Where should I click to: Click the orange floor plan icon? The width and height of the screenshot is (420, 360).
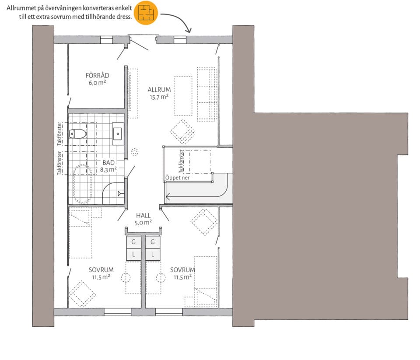pyautogui.click(x=146, y=13)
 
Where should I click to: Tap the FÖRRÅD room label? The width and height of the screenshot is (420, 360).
pyautogui.click(x=98, y=76)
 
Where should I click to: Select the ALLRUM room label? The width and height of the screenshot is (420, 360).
pyautogui.click(x=159, y=90)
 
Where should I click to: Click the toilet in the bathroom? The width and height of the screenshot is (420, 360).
pyautogui.click(x=78, y=133)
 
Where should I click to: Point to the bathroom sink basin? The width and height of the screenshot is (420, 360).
pyautogui.click(x=118, y=134)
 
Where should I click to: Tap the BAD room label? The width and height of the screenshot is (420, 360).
pyautogui.click(x=108, y=163)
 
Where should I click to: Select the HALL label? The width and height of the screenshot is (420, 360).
pyautogui.click(x=143, y=215)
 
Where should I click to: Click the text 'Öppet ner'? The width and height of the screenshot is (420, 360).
pyautogui.click(x=177, y=178)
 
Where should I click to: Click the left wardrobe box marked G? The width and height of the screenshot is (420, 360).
pyautogui.click(x=133, y=242)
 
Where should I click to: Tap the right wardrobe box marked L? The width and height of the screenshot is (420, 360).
pyautogui.click(x=153, y=254)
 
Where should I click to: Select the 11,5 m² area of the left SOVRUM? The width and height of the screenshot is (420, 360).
pyautogui.click(x=101, y=277)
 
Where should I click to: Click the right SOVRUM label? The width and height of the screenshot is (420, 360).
pyautogui.click(x=182, y=270)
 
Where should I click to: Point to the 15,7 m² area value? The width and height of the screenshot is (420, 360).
pyautogui.click(x=159, y=97)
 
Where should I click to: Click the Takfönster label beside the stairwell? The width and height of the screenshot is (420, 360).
pyautogui.click(x=181, y=161)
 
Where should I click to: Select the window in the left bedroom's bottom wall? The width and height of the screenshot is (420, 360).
pyautogui.click(x=117, y=312)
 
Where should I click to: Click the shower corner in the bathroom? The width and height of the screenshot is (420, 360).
pyautogui.click(x=113, y=193)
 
